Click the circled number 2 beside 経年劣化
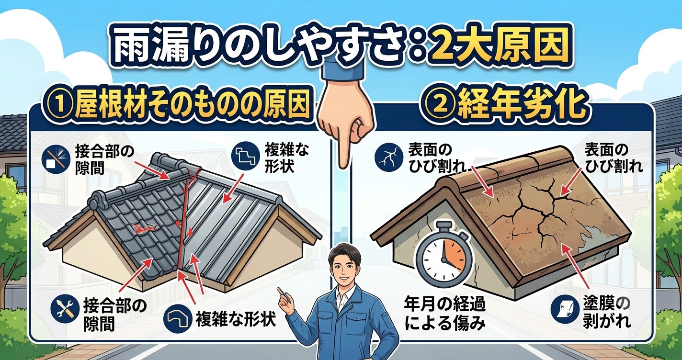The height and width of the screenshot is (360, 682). click(x=439, y=109)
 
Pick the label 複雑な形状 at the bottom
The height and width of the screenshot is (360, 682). click(x=235, y=319)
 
